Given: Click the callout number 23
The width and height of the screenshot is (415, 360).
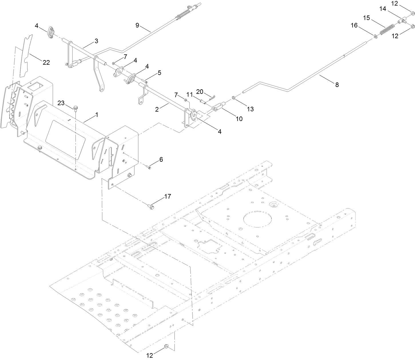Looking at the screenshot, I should (x=62, y=103).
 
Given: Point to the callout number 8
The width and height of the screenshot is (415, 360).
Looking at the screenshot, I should (x=337, y=85).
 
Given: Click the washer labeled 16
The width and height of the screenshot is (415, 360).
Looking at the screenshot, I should (x=374, y=36).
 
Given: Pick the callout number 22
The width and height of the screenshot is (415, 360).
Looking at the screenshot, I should (x=46, y=62).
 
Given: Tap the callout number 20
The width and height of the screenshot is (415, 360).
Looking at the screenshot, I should (x=199, y=91).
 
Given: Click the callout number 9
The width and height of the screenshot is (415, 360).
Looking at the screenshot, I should (x=137, y=25).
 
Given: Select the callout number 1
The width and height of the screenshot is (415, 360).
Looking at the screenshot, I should (x=97, y=114).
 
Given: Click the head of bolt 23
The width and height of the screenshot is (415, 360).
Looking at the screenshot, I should (x=76, y=108).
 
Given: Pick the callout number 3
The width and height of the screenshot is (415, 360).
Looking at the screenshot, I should (x=96, y=41).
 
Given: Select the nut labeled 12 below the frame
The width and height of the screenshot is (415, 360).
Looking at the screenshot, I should (x=166, y=347).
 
